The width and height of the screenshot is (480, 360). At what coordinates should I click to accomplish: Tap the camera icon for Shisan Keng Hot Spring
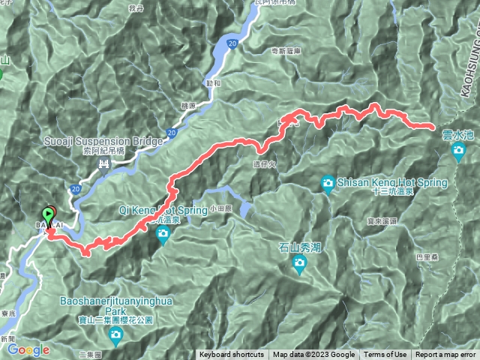point(328,182)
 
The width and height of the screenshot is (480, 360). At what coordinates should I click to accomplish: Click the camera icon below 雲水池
point(459,152)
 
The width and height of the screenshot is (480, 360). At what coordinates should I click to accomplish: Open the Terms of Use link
point(385,355)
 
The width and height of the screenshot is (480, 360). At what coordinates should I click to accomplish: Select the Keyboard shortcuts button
point(232,355)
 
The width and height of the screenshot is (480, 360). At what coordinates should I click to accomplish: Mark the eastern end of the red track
point(432,126)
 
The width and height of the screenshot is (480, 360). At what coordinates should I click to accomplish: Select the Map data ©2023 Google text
point(313,355)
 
